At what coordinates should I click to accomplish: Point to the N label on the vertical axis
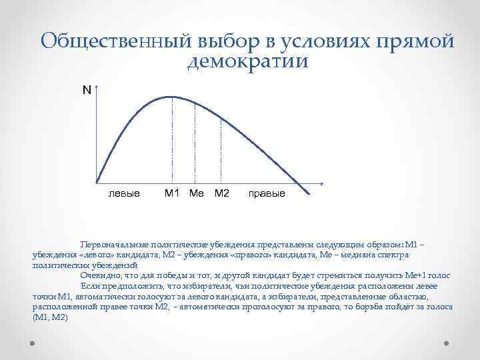[86, 89]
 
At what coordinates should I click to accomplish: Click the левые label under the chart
[124, 194]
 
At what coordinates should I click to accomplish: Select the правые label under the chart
[266, 194]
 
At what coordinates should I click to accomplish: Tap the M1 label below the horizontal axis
[173, 193]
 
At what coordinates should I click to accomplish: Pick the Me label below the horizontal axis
[197, 193]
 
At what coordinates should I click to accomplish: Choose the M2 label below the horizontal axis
[221, 193]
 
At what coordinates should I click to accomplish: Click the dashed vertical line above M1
[173, 140]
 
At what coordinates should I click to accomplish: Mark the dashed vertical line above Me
[195, 143]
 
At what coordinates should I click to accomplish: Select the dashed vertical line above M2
[221, 150]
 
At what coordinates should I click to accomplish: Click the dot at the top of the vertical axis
[97, 86]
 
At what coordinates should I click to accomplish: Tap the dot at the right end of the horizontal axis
[322, 183]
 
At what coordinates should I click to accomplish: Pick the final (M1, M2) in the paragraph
[50, 317]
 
